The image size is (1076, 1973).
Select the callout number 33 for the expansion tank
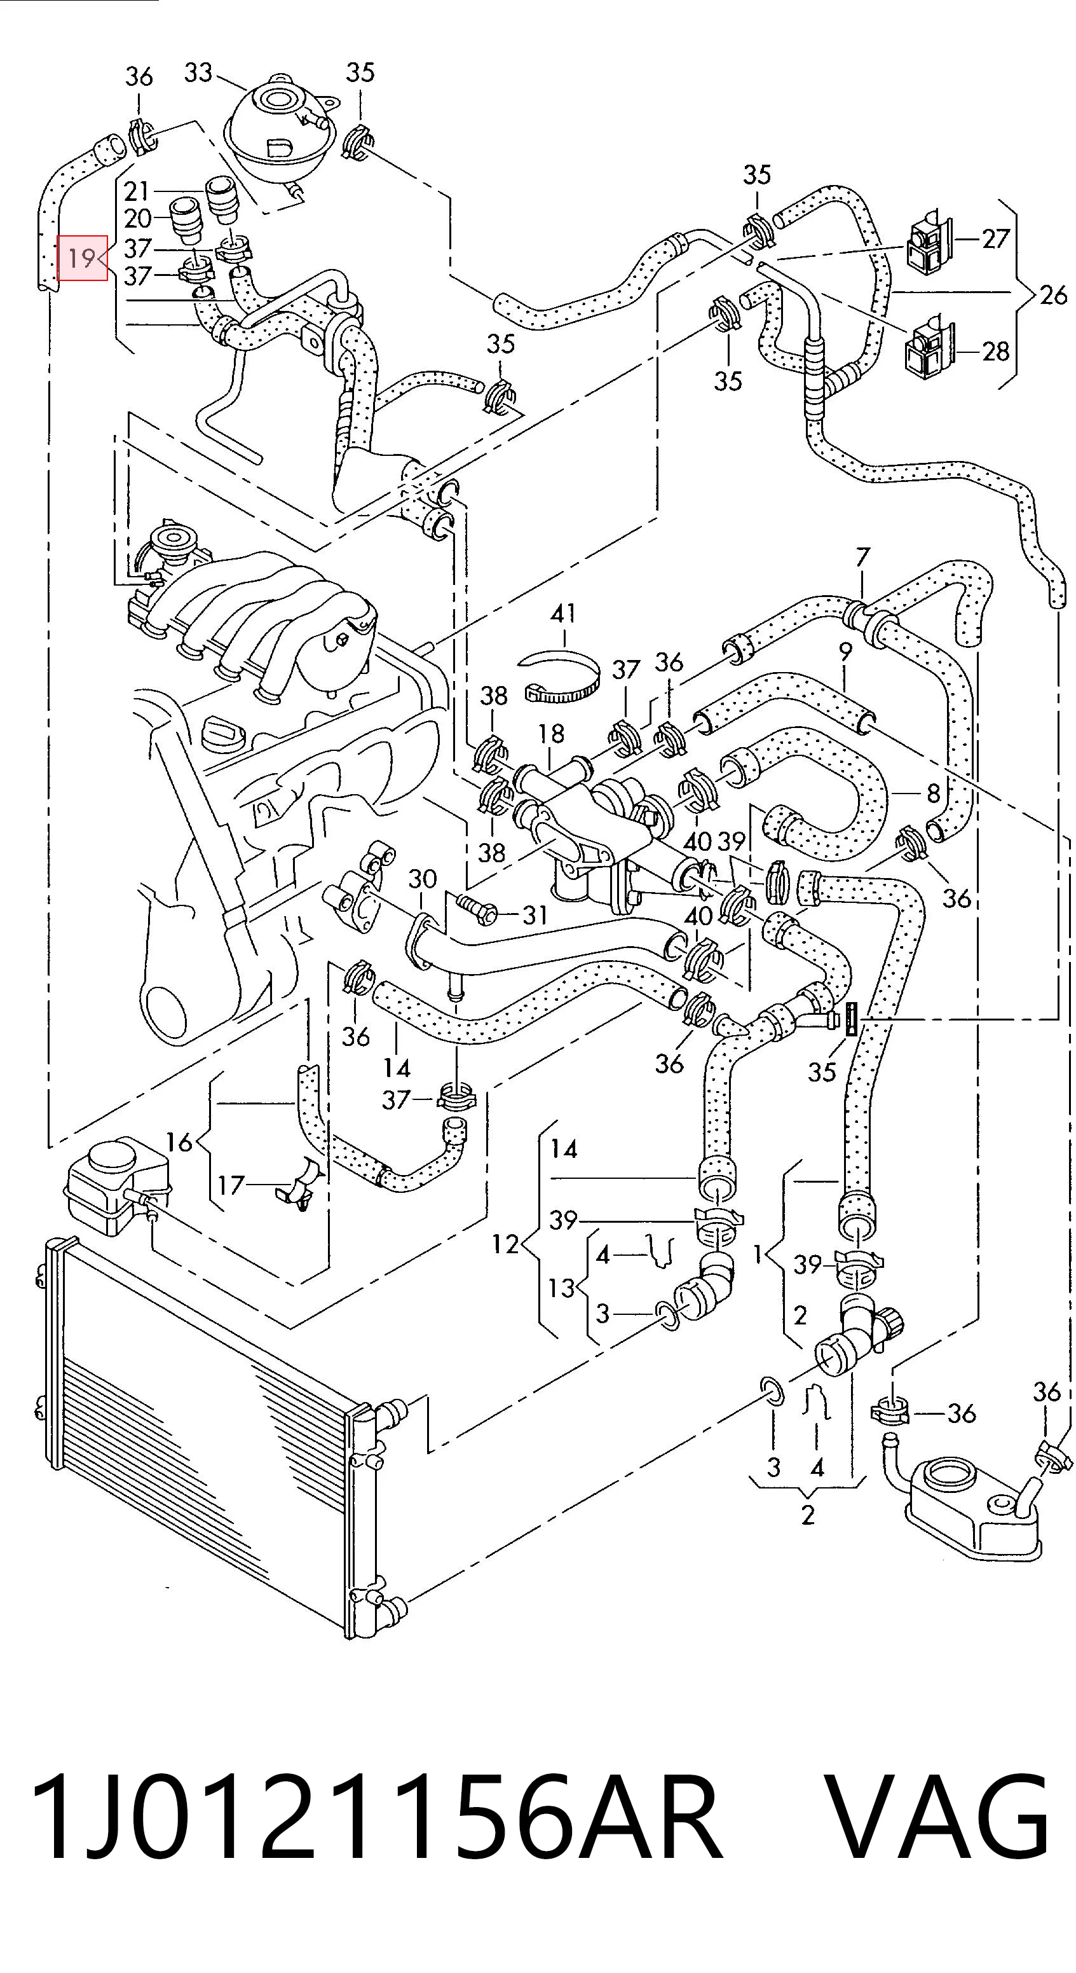click(x=198, y=72)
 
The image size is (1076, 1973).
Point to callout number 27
click(x=995, y=239)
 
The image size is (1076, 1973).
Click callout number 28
click(x=995, y=352)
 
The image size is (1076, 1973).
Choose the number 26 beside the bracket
click(x=1053, y=295)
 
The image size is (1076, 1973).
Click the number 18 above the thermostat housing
click(x=550, y=734)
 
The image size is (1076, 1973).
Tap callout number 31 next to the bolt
click(x=533, y=914)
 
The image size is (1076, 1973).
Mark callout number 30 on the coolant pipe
click(x=422, y=879)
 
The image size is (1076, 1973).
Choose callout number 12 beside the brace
click(x=505, y=1244)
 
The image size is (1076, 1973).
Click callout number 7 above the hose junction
click(x=863, y=558)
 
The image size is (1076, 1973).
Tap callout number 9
click(x=845, y=652)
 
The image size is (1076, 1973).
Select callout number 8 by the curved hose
click(x=933, y=793)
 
